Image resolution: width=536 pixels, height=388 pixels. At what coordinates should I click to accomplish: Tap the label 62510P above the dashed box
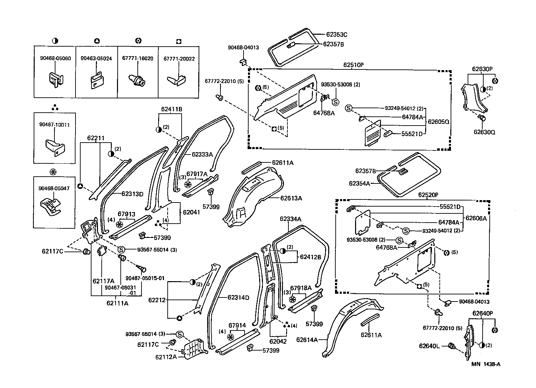pos(353,65)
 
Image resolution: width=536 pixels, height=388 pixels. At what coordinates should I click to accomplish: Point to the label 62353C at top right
pos(336,34)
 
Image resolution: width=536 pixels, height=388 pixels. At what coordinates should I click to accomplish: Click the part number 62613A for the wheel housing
pos(291,198)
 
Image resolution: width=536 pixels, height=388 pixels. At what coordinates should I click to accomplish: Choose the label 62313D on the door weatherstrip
pos(132,194)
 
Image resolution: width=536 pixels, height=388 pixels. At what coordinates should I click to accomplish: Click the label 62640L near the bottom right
pos(429,346)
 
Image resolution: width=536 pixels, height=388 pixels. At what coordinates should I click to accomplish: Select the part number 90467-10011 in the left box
pos(54,125)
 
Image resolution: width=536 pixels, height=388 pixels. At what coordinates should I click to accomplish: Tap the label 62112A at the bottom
pos(166,357)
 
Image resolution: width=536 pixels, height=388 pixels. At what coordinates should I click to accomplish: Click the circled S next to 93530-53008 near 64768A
pos(335,102)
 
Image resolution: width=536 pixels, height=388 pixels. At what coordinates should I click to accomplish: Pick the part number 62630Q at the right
pos(484,132)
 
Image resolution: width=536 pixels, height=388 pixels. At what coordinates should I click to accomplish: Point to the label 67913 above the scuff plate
pos(127,214)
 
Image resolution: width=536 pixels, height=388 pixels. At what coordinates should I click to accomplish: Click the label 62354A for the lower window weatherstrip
pos(359,183)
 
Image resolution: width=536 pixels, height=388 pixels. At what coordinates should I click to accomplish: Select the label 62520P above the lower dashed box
pos(428,195)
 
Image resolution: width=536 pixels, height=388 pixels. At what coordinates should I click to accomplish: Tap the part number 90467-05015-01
pos(145,278)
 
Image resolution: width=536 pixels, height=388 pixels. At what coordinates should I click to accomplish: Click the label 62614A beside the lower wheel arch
pos(307,340)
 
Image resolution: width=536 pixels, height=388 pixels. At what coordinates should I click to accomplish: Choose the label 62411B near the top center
pos(171,109)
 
